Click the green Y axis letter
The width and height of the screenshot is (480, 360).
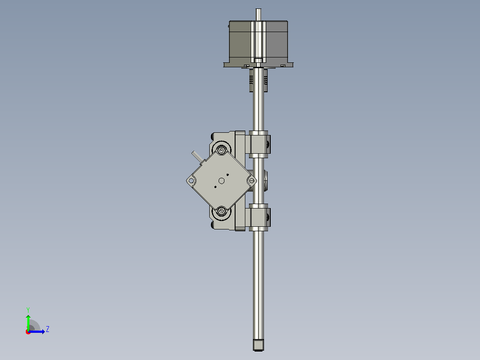[x=28, y=310]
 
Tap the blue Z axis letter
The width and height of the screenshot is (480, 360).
[x=48, y=329]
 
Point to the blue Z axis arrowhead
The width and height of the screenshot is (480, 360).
[x=43, y=332]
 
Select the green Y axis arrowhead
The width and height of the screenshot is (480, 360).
[x=28, y=317]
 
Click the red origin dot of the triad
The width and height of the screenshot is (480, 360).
[x=28, y=332]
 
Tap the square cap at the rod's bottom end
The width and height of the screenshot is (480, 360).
[x=258, y=345]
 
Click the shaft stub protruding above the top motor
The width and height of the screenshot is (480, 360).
[x=258, y=15]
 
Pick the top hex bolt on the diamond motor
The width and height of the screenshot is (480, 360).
[x=221, y=150]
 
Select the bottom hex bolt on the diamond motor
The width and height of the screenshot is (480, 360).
[x=221, y=211]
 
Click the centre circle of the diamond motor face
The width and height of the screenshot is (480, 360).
[x=221, y=181]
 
